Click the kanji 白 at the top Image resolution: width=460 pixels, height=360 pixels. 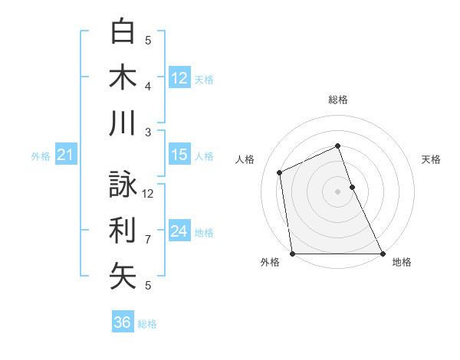tap(123, 31)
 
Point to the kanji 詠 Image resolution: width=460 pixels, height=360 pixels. tap(123, 184)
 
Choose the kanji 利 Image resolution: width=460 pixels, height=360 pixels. tap(123, 230)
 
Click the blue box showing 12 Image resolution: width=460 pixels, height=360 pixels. tap(179, 77)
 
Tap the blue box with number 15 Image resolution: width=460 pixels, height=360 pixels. tap(179, 155)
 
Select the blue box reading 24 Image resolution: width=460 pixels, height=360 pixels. tap(179, 231)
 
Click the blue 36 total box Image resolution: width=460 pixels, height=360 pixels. tap(123, 322)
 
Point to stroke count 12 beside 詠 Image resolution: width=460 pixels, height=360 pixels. tap(148, 193)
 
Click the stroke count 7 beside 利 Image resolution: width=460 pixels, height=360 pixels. tap(148, 239)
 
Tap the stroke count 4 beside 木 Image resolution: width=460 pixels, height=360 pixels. tap(148, 86)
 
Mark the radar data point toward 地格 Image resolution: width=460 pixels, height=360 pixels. tap(382, 254)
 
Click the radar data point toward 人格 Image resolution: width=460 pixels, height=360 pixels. tap(280, 172)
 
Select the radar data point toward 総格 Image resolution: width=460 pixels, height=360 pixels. tap(337, 146)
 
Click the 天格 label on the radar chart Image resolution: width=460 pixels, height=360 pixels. tap(431, 159)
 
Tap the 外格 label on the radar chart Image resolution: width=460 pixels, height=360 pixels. tap(270, 262)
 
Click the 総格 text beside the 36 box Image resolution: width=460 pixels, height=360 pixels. tap(147, 323)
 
